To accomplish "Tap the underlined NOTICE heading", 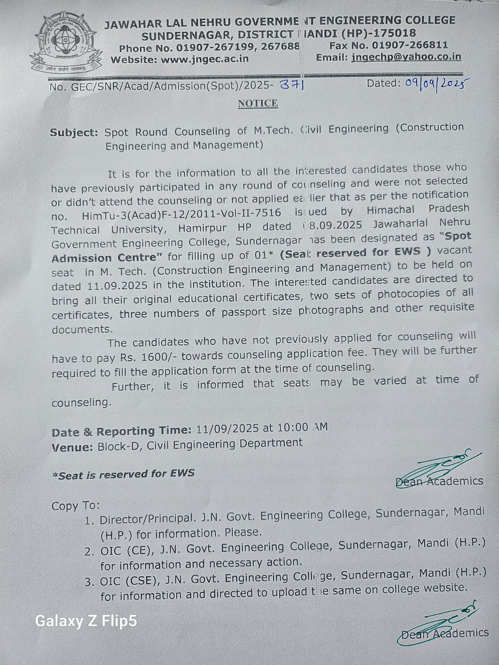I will (257, 103).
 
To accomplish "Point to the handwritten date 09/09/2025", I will (434, 84).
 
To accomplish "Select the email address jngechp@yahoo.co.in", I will (406, 57).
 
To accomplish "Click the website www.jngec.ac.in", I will (205, 59).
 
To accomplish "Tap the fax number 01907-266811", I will (410, 45).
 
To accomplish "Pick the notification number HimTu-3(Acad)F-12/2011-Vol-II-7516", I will (181, 214).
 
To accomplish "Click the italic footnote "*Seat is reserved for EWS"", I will (123, 474).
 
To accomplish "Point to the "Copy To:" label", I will (76, 506).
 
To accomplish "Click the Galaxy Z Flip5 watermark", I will (86, 621).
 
